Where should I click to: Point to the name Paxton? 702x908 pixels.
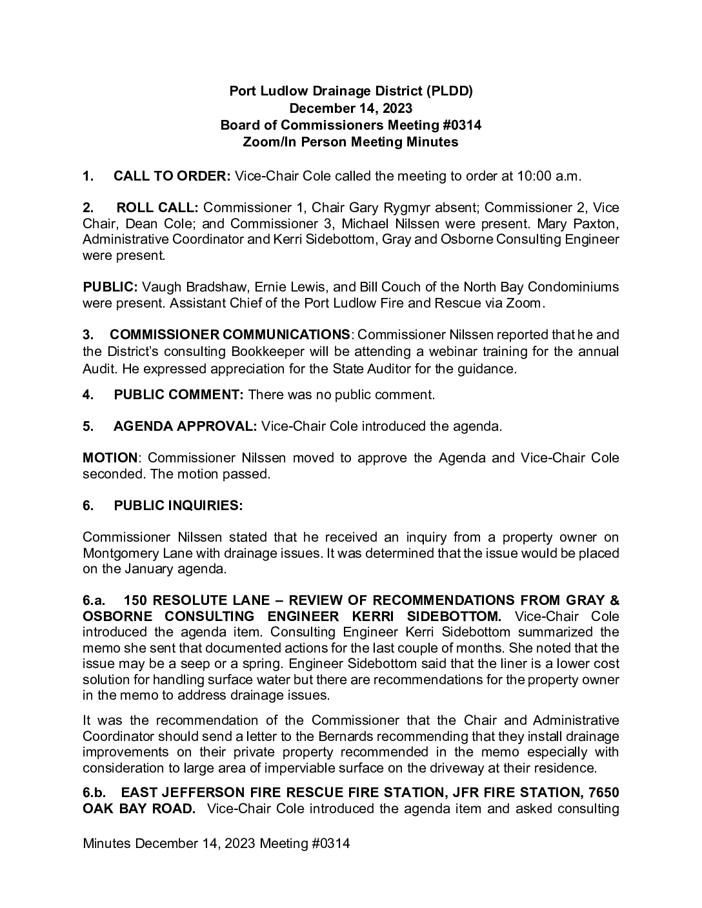pyautogui.click(x=597, y=224)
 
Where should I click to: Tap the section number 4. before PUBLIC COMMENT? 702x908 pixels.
pyautogui.click(x=88, y=395)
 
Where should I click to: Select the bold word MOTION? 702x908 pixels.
pyautogui.click(x=110, y=458)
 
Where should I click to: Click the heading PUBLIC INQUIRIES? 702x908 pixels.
pyautogui.click(x=178, y=506)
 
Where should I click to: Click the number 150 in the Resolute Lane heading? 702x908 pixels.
pyautogui.click(x=135, y=600)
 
